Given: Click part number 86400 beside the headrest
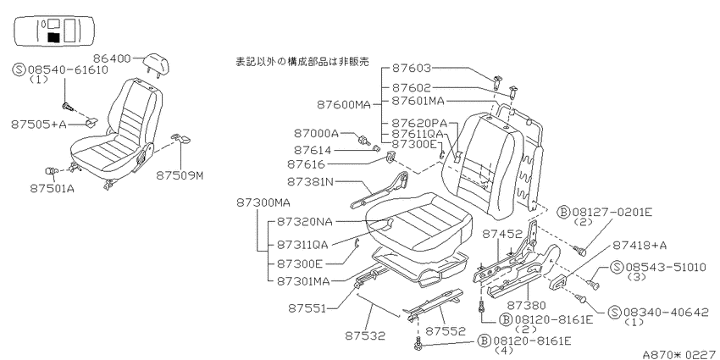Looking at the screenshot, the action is pyautogui.click(x=112, y=58).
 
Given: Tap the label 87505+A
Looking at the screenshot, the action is pyautogui.click(x=39, y=124).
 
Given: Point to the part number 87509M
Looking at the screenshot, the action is pyautogui.click(x=179, y=175).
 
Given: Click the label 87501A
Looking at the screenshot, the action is pyautogui.click(x=52, y=188).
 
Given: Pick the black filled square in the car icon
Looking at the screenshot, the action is pyautogui.click(x=53, y=37).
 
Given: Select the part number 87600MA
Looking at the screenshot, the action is pyautogui.click(x=343, y=105).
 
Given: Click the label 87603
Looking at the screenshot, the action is pyautogui.click(x=412, y=69).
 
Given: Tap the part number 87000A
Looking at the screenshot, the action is pyautogui.click(x=316, y=134).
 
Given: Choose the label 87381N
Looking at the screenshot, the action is pyautogui.click(x=310, y=182).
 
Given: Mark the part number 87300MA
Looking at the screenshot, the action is pyautogui.click(x=263, y=202).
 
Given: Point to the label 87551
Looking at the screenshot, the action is pyautogui.click(x=307, y=308).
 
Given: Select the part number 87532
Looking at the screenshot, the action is pyautogui.click(x=365, y=335).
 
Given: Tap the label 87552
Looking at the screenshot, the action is pyautogui.click(x=445, y=331).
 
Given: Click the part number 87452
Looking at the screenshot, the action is pyautogui.click(x=502, y=235).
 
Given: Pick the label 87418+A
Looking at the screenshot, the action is pyautogui.click(x=640, y=245).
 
